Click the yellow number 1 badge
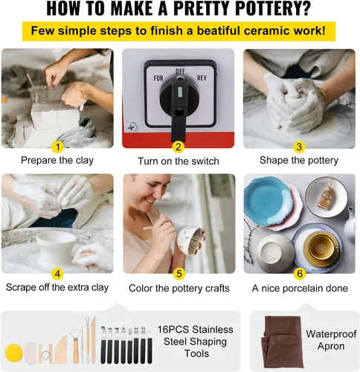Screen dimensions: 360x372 57,147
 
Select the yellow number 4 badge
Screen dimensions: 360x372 57,274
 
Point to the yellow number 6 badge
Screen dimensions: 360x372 300,274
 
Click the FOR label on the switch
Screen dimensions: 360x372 158,79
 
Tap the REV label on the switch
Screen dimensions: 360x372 202,78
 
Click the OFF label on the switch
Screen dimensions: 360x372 180,71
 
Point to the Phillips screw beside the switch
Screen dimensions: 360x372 131,127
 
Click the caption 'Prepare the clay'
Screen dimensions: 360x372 57,160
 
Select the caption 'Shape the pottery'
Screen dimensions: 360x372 299,160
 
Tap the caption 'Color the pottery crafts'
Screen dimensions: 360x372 179,288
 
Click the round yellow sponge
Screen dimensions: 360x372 14,353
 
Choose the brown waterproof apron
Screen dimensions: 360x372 282,341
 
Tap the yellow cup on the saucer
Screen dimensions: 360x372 321,248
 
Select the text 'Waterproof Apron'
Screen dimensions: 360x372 331,340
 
